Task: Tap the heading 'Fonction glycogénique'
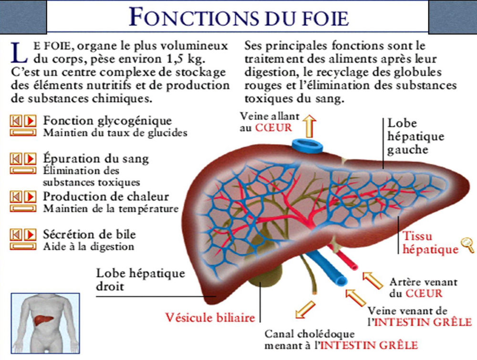pyautogui.click(x=107, y=120)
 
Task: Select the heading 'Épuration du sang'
pyautogui.click(x=96, y=159)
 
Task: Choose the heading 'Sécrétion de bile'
pyautogui.click(x=89, y=234)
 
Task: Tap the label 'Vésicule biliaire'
pyautogui.click(x=210, y=317)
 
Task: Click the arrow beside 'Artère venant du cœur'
pyautogui.click(x=373, y=280)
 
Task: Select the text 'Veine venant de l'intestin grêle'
pyautogui.click(x=420, y=317)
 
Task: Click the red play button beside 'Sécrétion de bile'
pyautogui.click(x=30, y=234)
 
